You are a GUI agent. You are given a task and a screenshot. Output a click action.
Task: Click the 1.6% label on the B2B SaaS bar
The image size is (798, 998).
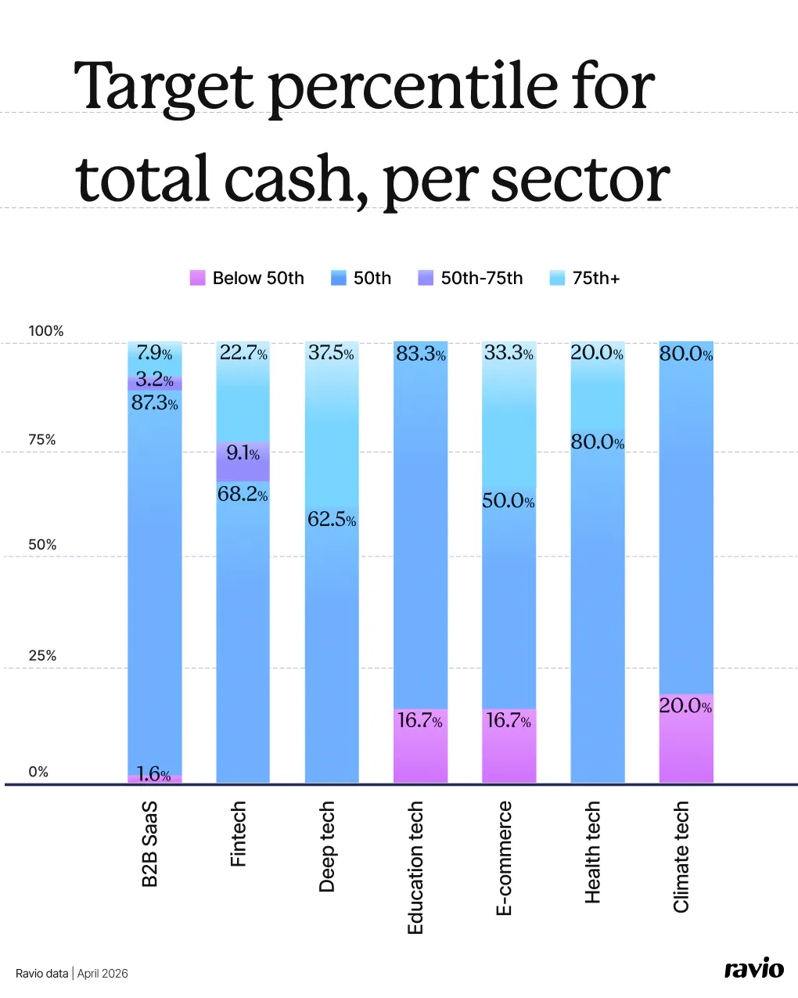click(x=153, y=774)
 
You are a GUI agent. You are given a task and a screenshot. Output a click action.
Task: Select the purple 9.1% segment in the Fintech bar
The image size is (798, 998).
click(x=243, y=462)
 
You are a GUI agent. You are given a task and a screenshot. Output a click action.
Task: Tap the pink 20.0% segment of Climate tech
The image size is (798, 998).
click(x=686, y=738)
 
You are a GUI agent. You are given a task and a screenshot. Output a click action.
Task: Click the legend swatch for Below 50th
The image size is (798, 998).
click(x=197, y=278)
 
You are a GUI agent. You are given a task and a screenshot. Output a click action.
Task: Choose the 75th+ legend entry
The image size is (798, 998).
click(x=595, y=278)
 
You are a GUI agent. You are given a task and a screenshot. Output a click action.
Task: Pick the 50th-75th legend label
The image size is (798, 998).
click(x=481, y=278)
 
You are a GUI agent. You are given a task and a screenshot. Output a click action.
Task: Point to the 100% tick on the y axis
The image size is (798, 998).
click(x=45, y=331)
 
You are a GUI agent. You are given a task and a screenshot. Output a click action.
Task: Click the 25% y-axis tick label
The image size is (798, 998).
click(x=42, y=656)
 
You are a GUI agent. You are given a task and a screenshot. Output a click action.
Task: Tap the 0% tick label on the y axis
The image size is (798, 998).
click(x=38, y=772)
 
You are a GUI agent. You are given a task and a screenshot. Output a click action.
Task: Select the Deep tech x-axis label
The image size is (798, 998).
click(x=327, y=846)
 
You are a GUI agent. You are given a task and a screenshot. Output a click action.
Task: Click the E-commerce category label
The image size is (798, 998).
click(x=505, y=858)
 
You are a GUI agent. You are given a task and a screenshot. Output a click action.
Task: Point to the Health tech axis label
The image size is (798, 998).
click(x=593, y=852)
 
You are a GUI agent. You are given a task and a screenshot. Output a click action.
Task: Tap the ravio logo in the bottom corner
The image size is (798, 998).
click(x=753, y=968)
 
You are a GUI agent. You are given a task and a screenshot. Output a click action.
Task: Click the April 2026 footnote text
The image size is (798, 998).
click(x=102, y=974)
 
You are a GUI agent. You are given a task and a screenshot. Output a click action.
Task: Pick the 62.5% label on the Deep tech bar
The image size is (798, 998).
click(x=332, y=519)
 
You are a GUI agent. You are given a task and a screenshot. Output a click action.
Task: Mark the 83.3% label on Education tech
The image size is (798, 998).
click(x=420, y=354)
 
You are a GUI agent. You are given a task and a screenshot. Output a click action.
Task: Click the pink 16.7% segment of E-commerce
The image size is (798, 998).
click(x=509, y=745)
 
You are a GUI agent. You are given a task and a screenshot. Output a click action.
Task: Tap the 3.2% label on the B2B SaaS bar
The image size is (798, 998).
click(x=154, y=380)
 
